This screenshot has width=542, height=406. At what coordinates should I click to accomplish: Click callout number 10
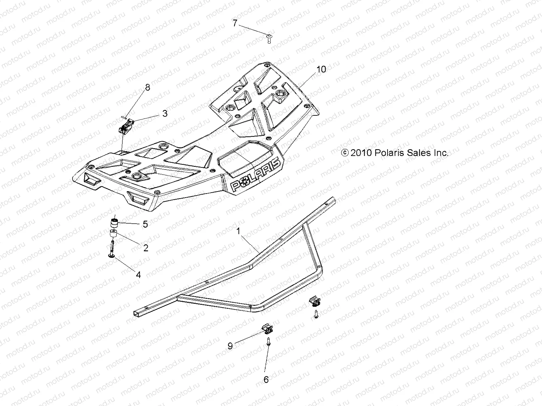tap(321, 69)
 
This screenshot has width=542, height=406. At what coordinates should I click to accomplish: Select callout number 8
tap(147, 88)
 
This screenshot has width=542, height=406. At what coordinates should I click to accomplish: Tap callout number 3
tap(165, 114)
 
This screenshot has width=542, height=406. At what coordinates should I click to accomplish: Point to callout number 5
tap(145, 224)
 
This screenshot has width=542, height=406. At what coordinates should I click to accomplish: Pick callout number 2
tap(146, 248)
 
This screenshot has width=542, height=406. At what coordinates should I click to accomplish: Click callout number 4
tap(138, 275)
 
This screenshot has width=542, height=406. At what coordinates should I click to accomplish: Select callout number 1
tap(238, 231)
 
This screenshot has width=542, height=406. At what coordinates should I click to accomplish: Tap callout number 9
tap(230, 346)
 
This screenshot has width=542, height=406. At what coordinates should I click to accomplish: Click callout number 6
tap(266, 380)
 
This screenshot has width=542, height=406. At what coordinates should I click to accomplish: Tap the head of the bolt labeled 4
tap(111, 257)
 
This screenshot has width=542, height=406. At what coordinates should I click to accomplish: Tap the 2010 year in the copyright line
tap(361, 153)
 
